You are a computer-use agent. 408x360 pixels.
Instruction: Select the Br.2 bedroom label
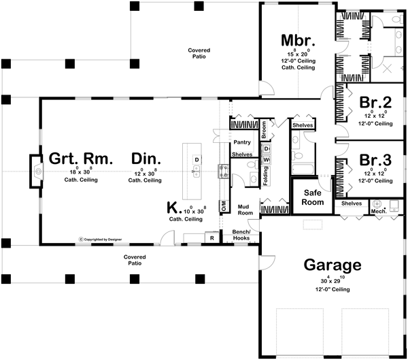tap(375, 103)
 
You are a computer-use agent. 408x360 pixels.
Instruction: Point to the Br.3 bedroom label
tap(375, 161)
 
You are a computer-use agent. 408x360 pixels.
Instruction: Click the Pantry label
tap(243, 143)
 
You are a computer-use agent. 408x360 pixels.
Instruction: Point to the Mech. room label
tap(379, 212)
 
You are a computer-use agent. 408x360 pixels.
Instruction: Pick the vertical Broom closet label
tap(264, 127)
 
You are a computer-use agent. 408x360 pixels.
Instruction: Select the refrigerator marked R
tap(212, 238)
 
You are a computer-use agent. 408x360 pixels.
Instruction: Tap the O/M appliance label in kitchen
tap(223, 207)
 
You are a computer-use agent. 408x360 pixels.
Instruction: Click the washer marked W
tap(267, 160)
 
